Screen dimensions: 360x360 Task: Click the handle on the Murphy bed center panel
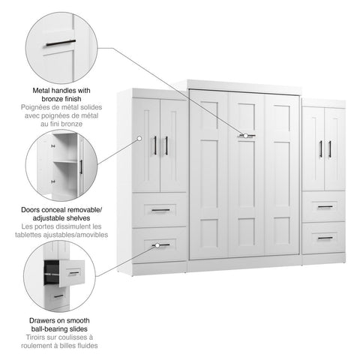click(x=247, y=136)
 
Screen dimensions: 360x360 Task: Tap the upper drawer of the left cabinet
click(x=160, y=210)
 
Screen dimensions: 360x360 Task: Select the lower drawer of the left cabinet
click(x=160, y=244)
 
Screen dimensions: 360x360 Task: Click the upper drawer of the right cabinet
click(x=324, y=206)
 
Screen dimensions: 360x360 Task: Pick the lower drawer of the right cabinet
click(x=324, y=237)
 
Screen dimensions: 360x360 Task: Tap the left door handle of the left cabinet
click(x=155, y=145)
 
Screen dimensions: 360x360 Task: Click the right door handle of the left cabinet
click(x=166, y=145)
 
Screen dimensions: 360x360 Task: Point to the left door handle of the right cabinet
click(x=320, y=148)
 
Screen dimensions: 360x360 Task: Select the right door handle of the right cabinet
click(x=329, y=148)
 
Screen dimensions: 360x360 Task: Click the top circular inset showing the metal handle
click(x=60, y=44)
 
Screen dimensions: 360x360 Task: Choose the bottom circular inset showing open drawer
click(x=60, y=275)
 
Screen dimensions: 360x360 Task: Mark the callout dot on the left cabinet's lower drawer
click(x=156, y=245)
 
